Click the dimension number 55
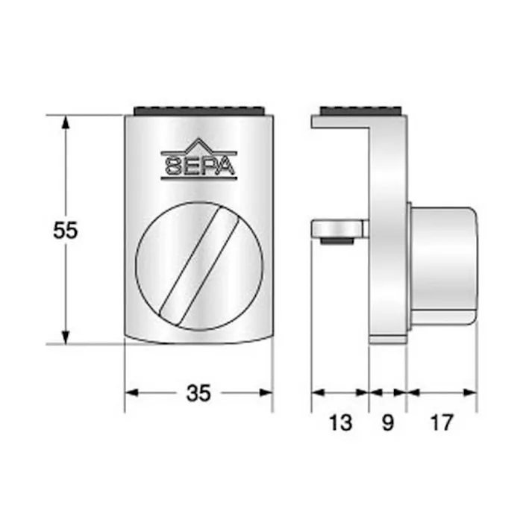[66, 231]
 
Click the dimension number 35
[198, 392]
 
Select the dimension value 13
[339, 423]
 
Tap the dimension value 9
[388, 423]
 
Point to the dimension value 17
[442, 423]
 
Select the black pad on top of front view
[198, 111]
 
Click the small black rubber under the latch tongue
[337, 242]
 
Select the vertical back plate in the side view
[389, 239]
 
